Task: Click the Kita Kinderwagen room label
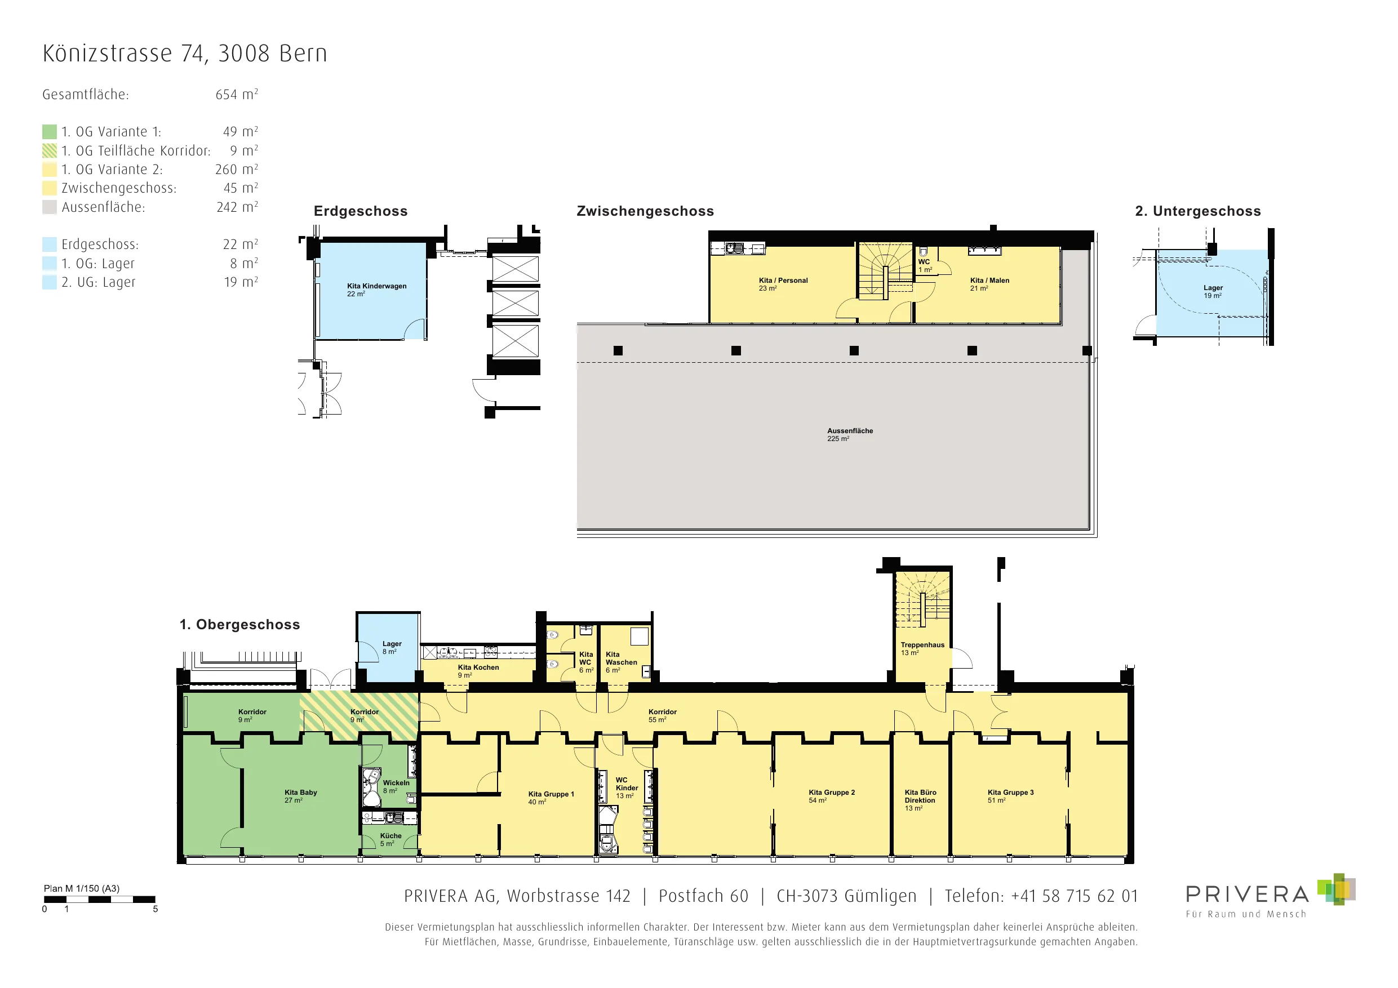[x=376, y=290]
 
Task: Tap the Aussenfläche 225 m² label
[x=849, y=435]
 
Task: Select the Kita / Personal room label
[x=783, y=284]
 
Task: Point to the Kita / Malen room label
[x=989, y=284]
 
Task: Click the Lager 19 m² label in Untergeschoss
[x=1213, y=292]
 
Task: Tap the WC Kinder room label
[x=627, y=787]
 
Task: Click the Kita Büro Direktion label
[x=920, y=800]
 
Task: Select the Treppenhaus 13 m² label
[x=922, y=648]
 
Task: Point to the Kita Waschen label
[x=621, y=662]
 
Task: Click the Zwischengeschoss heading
[x=645, y=211]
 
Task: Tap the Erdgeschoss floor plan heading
[x=361, y=211]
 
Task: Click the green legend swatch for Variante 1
[x=50, y=131]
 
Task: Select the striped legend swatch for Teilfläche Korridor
[x=50, y=150]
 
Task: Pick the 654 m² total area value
[x=237, y=95]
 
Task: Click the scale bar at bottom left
[x=100, y=899]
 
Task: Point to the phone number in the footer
[x=1074, y=896]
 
